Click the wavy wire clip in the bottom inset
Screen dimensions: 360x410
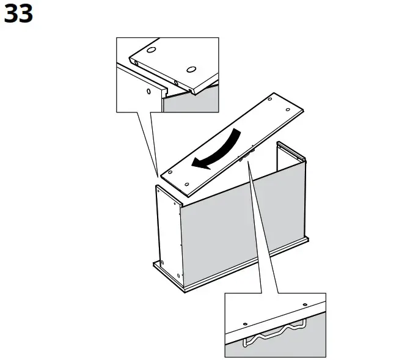coord(275,334)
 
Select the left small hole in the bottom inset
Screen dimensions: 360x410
coord(245,323)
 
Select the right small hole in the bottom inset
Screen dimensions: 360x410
coord(302,303)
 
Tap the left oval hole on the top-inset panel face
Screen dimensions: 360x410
coord(151,49)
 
